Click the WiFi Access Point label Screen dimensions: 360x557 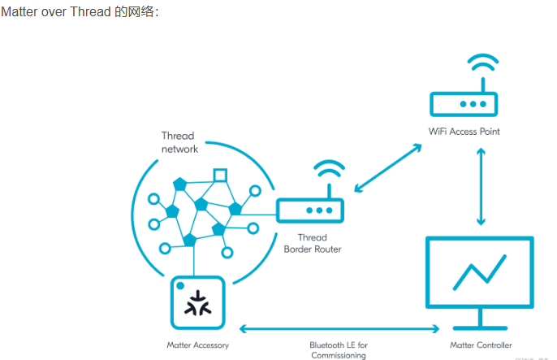click(464, 131)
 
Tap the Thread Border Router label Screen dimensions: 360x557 click(313, 243)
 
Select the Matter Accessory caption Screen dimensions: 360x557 click(197, 345)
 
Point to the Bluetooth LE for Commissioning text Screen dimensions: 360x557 click(339, 350)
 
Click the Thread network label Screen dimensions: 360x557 click(179, 142)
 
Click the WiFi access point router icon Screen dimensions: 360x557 click(464, 103)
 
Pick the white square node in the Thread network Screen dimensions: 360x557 click(219, 174)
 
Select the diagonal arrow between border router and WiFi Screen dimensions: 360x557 click(388, 168)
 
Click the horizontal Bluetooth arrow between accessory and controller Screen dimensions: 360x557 click(338, 329)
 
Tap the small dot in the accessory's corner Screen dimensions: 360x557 click(180, 287)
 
